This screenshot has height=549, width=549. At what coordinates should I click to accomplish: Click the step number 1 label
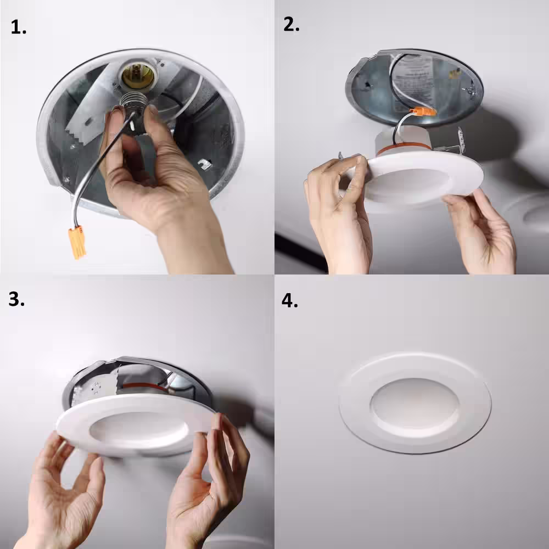click(18, 27)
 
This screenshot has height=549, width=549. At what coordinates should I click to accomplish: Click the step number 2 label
click(291, 24)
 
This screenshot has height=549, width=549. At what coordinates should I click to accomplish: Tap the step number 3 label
click(16, 299)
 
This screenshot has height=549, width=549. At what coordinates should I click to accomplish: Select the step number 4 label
click(289, 300)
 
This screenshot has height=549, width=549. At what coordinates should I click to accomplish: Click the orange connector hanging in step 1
click(77, 243)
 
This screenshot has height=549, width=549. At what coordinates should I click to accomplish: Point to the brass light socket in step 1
click(137, 76)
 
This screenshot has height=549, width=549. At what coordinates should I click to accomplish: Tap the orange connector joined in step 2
click(423, 112)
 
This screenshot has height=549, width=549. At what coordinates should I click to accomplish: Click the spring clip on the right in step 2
click(461, 139)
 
